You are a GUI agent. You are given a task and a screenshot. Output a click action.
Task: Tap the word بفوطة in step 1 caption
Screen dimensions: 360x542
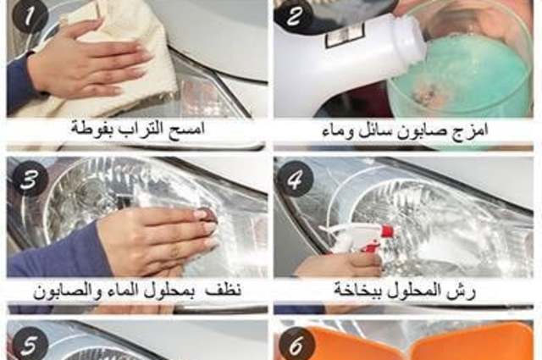point(91,130)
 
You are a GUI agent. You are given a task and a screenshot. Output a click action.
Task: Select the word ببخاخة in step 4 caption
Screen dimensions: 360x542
point(357,291)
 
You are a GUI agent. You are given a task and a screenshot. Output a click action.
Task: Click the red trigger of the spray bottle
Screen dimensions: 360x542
point(386,231)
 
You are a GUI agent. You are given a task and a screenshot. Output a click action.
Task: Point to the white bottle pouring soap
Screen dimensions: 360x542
point(339,59)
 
